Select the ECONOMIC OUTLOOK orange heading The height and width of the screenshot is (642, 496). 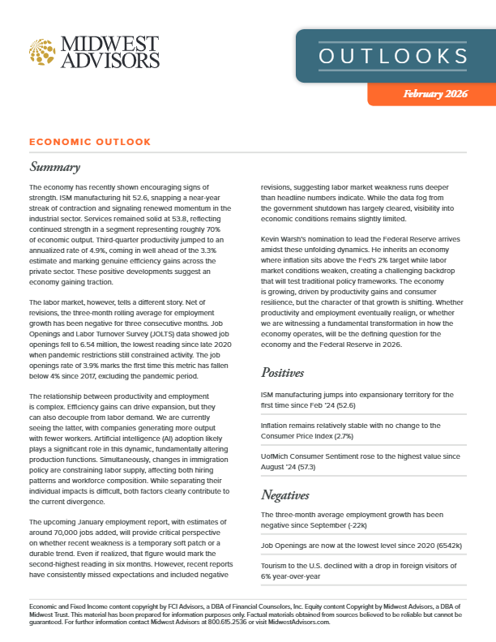[90, 142]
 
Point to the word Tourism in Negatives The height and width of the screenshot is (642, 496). [276, 564]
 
